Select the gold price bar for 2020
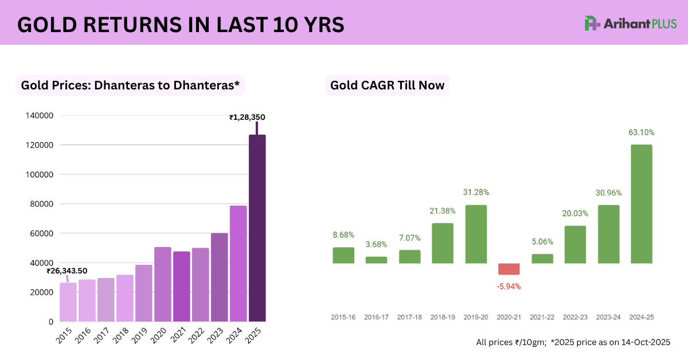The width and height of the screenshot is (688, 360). (x=162, y=284)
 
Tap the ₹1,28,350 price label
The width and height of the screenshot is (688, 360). (x=247, y=118)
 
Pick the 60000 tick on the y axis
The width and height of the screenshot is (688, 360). (x=42, y=233)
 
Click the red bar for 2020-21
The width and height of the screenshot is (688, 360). (x=509, y=269)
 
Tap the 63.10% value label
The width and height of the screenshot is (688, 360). (x=641, y=132)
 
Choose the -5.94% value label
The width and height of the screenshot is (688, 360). (x=509, y=286)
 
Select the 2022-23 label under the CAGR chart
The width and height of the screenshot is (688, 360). (x=575, y=316)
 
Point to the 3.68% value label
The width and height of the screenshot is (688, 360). (x=376, y=245)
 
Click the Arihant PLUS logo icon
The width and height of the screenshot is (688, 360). (x=592, y=24)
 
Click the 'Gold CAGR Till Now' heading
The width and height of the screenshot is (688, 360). (x=387, y=86)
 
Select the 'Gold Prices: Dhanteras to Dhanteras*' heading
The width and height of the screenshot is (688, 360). (x=130, y=86)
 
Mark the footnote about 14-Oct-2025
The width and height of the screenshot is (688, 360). (x=573, y=342)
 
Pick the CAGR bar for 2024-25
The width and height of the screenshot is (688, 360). (x=641, y=204)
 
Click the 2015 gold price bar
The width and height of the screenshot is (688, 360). (x=68, y=302)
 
